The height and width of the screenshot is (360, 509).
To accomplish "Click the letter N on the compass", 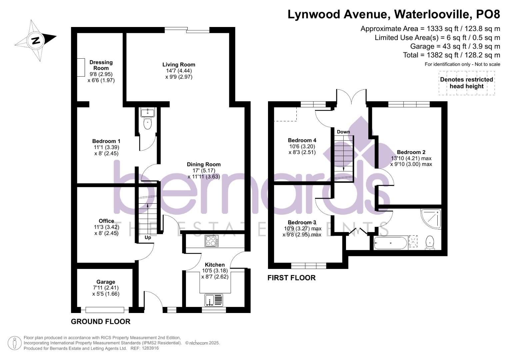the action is pos(35,41).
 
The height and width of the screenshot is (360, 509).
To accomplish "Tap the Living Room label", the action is pos(179,65).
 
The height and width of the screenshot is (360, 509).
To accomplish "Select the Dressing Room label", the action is pos(101,65).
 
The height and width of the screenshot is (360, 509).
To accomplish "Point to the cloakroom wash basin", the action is pos(148,112).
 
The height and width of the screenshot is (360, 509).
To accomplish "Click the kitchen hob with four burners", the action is pos(212,241).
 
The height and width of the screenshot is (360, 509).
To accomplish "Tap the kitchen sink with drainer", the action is pos(214,300).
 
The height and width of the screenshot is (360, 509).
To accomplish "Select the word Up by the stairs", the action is pos(148,238).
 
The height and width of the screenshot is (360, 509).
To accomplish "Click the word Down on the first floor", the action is pos(343,132).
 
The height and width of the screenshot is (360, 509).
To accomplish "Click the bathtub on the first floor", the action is pos(390,243).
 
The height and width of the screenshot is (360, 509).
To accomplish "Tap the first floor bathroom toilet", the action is pos(430,243).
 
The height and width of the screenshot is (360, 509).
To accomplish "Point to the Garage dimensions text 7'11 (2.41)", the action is pos(106,288).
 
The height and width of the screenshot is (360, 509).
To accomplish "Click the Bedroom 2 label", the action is pos(411,152).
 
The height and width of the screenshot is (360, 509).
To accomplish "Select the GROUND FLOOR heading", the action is pos(101,322).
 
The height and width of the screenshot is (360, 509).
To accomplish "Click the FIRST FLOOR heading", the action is pos(292,278).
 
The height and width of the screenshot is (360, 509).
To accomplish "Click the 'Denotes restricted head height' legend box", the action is pos(467,83).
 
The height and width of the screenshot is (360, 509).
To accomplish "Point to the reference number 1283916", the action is pos(150,348).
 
